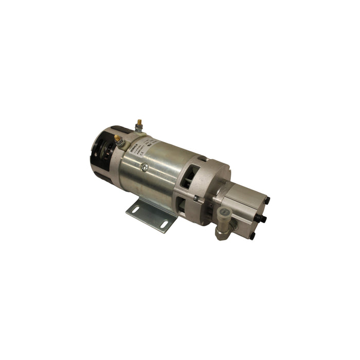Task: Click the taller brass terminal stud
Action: (x=138, y=125)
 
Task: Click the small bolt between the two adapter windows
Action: (x=195, y=198)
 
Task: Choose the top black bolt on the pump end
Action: (x=266, y=200)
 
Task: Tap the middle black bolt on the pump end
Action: (x=263, y=219)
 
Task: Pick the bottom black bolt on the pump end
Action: (x=252, y=235)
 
